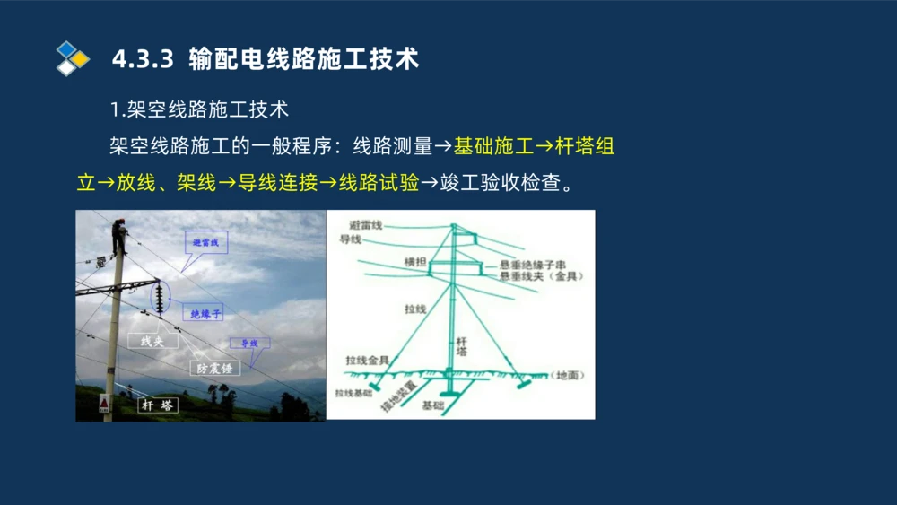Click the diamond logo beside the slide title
coord(72,58)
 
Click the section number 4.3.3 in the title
coord(142,59)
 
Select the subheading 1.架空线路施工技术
coord(199,109)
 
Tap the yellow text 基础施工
coord(493,146)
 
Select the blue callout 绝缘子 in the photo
coord(205,313)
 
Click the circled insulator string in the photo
coord(161,298)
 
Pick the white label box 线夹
coord(150,341)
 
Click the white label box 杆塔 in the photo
coord(158,405)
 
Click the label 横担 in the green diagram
coord(414,262)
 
